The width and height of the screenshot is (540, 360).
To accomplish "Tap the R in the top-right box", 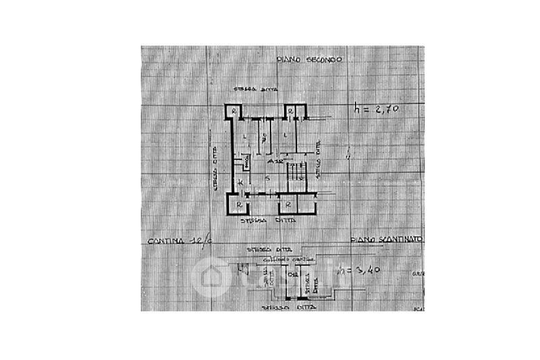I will coord(288,111).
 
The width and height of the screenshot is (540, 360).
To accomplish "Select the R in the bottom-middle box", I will coord(288,203).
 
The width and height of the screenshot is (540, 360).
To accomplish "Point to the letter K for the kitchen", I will coord(240,184).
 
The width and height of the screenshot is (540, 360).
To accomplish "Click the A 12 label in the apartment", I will coord(274,163).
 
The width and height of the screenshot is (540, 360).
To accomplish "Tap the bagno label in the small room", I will coord(247,162).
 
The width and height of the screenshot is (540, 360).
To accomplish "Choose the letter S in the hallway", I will coord(268,177).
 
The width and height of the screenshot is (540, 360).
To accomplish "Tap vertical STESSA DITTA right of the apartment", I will coord(317,163).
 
